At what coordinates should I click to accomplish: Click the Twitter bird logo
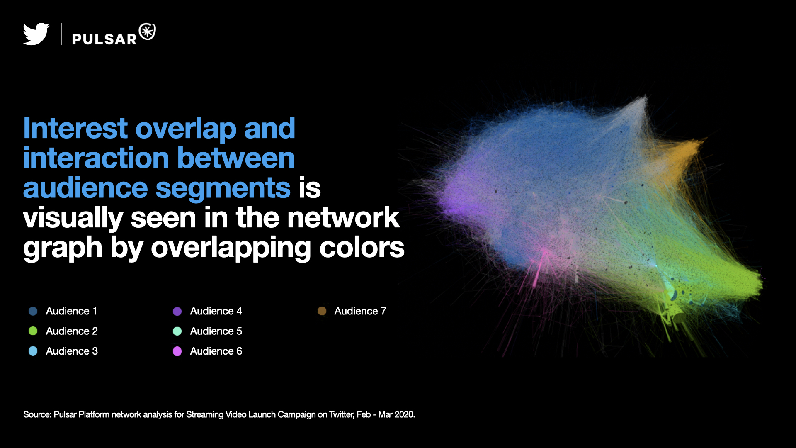click(36, 34)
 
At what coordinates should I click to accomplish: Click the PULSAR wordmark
click(104, 39)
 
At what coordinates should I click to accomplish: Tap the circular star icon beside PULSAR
click(147, 32)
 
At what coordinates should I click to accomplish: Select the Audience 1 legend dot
click(33, 311)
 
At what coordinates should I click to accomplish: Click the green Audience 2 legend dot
click(33, 331)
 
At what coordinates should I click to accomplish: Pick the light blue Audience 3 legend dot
click(33, 351)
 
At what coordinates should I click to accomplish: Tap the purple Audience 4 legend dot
click(177, 311)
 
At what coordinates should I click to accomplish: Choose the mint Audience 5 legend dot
click(177, 331)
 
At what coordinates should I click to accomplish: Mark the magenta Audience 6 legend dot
click(177, 351)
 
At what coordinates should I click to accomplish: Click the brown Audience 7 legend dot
click(322, 311)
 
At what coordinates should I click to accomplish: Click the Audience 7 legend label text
click(360, 311)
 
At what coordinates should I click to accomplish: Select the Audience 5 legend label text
click(216, 331)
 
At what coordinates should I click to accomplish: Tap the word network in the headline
click(344, 217)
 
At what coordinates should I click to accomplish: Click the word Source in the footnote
click(37, 414)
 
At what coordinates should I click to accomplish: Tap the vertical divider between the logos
click(61, 34)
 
